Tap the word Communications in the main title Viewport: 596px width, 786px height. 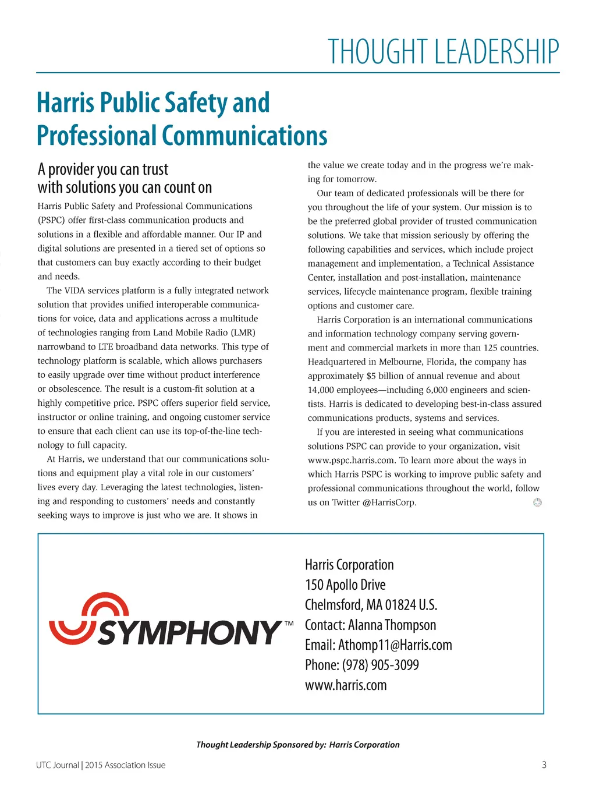244,136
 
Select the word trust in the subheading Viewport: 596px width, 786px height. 155,169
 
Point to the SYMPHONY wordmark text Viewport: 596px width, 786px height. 189,633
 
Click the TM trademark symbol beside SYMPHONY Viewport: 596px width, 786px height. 289,624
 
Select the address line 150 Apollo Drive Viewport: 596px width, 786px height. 345,585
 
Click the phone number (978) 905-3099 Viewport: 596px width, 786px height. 380,665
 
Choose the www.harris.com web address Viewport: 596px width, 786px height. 346,685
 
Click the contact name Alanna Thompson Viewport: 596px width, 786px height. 392,625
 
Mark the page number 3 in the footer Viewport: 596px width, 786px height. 544,765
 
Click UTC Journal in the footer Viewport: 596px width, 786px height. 57,765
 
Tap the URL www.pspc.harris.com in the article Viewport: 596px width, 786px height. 351,460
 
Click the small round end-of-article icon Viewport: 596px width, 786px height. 537,502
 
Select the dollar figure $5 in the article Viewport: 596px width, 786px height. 371,376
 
